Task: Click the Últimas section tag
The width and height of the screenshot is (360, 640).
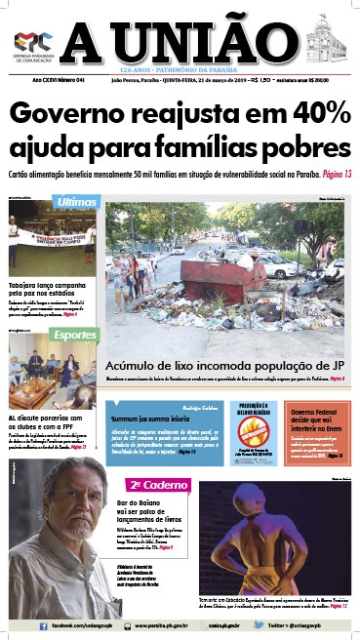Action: click(x=75, y=201)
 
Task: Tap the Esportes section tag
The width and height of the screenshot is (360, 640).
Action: click(x=76, y=334)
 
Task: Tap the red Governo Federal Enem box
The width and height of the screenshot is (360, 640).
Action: click(x=318, y=423)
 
